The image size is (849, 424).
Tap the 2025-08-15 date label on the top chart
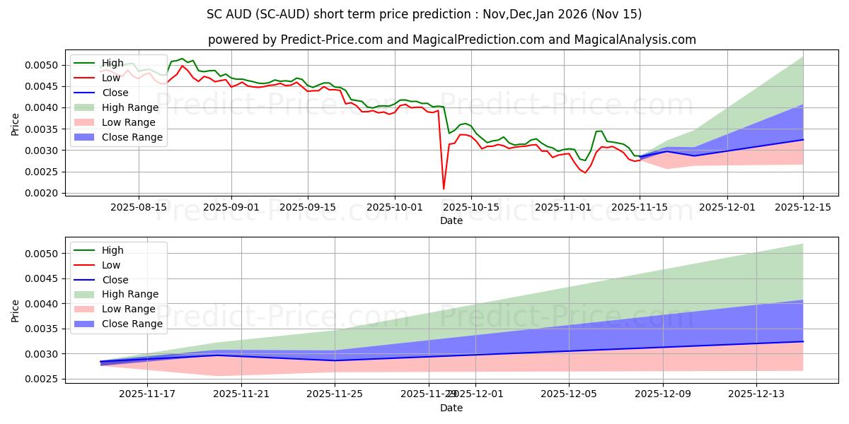click(138, 207)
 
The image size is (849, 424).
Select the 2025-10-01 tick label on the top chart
click(395, 207)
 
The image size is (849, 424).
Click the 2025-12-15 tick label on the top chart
click(803, 207)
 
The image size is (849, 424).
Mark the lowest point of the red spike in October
click(444, 189)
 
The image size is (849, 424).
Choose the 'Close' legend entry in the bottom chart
click(115, 280)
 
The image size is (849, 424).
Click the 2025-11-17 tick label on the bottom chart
click(147, 394)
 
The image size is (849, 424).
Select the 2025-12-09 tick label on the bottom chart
click(663, 394)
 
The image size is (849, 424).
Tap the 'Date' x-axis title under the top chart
click(451, 220)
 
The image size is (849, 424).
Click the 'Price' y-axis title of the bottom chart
click(16, 310)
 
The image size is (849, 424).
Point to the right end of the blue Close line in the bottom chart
click(803, 341)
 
